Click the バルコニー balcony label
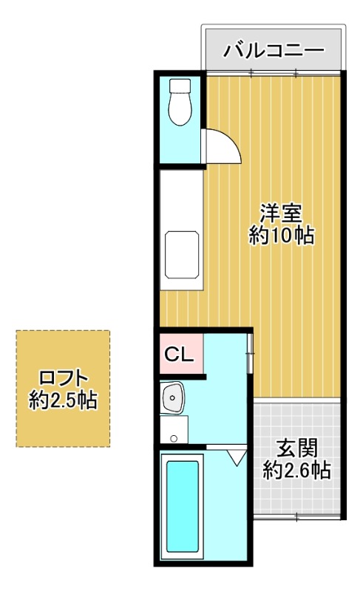click(274, 51)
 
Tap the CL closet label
click(178, 355)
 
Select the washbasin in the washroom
click(173, 399)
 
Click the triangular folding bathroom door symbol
click(237, 457)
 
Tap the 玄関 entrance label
click(297, 448)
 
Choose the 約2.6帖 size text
click(297, 471)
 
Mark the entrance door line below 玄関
click(297, 515)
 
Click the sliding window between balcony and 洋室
click(274, 72)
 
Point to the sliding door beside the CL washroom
click(251, 354)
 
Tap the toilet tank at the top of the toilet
click(180, 85)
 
